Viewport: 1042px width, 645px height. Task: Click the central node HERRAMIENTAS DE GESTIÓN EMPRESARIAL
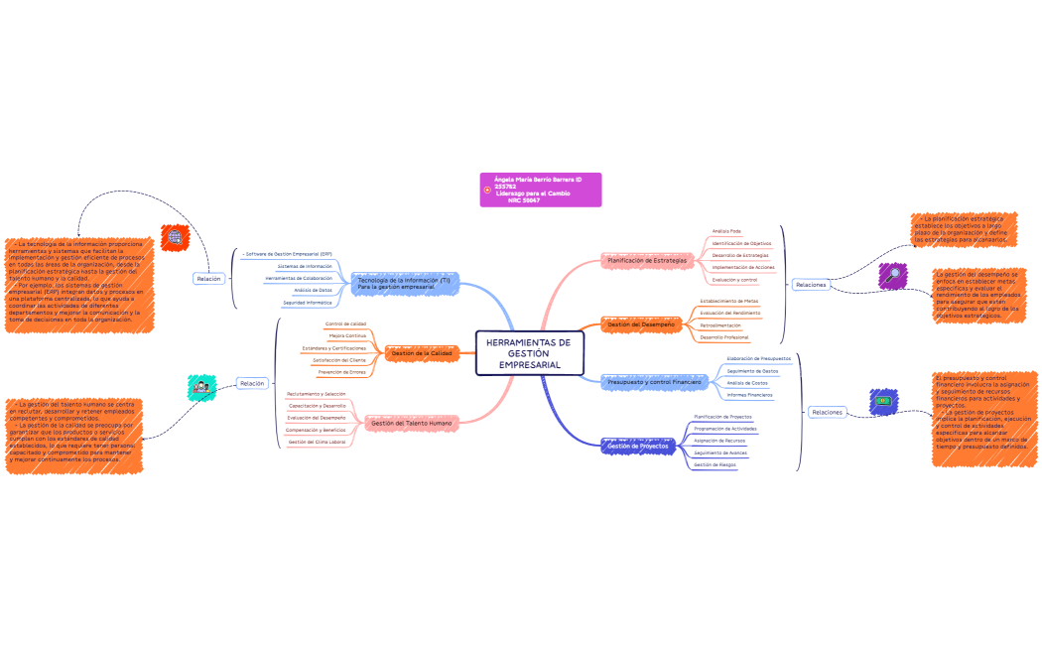pyautogui.click(x=529, y=353)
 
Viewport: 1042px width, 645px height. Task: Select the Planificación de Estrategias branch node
pyautogui.click(x=646, y=260)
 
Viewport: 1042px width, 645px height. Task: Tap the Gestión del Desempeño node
pyautogui.click(x=641, y=324)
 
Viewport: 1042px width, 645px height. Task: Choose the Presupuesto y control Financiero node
pyautogui.click(x=653, y=382)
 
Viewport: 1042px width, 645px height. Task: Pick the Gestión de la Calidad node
pyautogui.click(x=421, y=353)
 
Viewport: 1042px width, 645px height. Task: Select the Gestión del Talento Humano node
pyautogui.click(x=411, y=424)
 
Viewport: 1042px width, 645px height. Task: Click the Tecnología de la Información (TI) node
pyautogui.click(x=404, y=283)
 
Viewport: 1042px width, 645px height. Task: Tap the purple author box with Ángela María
pyautogui.click(x=541, y=189)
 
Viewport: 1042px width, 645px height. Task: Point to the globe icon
pyautogui.click(x=176, y=237)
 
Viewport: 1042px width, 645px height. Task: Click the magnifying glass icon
pyautogui.click(x=894, y=275)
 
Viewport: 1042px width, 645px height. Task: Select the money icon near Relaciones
pyautogui.click(x=882, y=401)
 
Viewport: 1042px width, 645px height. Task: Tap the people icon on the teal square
pyautogui.click(x=201, y=388)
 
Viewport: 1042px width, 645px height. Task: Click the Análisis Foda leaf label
pyautogui.click(x=726, y=231)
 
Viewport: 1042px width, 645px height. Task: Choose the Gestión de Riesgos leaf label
pyautogui.click(x=715, y=464)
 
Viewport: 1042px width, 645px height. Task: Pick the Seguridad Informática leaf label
pyautogui.click(x=308, y=302)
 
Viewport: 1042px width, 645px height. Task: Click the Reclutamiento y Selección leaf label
pyautogui.click(x=317, y=394)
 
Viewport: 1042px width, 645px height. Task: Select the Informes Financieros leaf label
pyautogui.click(x=749, y=395)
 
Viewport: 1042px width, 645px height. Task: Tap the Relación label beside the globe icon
pyautogui.click(x=208, y=279)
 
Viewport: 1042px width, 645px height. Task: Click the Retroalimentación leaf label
pyautogui.click(x=720, y=325)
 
